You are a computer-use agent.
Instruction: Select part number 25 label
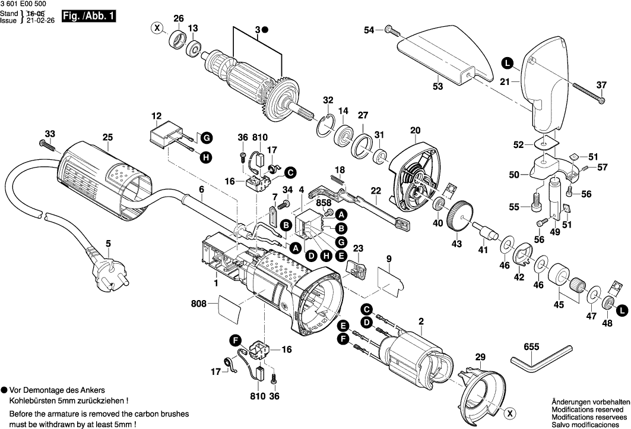(x=107, y=138)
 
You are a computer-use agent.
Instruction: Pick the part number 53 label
(x=438, y=87)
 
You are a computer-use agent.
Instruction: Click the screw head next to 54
(x=389, y=29)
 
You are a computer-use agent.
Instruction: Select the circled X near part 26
(x=157, y=27)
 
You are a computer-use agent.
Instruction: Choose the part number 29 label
(x=480, y=357)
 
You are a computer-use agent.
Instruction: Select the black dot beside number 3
(x=265, y=29)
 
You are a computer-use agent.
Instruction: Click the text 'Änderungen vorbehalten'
(x=591, y=402)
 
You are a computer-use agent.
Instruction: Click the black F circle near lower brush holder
(x=236, y=340)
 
